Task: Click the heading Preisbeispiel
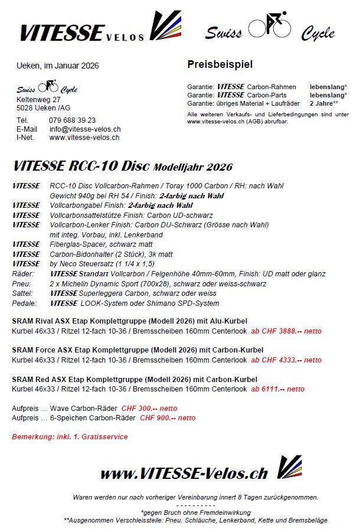point(220,64)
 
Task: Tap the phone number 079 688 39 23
point(72,120)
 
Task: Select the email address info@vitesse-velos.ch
point(85,129)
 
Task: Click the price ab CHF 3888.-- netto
point(286,331)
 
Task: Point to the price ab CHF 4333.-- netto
point(286,360)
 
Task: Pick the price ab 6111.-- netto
point(278,389)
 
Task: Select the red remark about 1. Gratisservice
point(70,437)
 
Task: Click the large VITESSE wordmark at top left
point(62,32)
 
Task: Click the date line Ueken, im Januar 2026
point(58,65)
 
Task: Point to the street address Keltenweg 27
point(38,100)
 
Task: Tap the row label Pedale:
point(24,303)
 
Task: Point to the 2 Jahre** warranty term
point(324,103)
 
